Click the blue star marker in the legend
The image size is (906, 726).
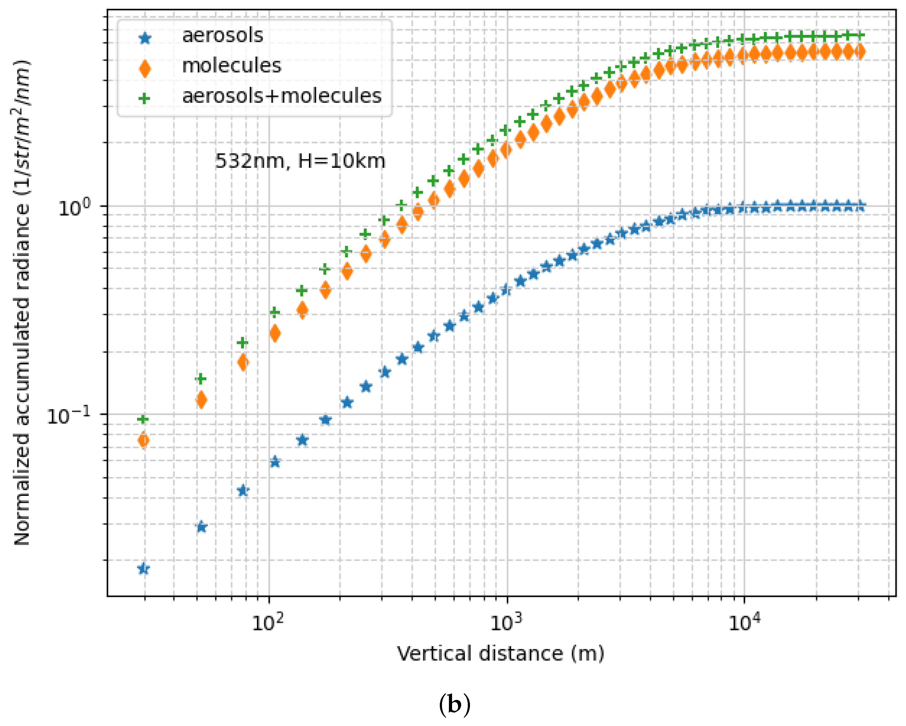[x=145, y=39]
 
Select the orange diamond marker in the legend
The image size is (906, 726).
[x=145, y=69]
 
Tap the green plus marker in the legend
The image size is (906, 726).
[x=145, y=99]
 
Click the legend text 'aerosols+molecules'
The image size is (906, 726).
[x=282, y=96]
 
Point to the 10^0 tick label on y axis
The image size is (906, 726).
[x=74, y=208]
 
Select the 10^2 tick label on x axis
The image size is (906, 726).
[x=268, y=623]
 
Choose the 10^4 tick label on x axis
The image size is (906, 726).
[x=744, y=623]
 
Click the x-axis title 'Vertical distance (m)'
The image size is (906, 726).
[x=500, y=654]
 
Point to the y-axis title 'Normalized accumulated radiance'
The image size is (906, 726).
[x=22, y=303]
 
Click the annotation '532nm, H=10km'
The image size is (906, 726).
[x=300, y=161]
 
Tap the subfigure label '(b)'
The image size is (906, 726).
[x=454, y=704]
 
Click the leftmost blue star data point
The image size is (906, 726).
[x=143, y=569]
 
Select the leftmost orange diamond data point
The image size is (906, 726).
[x=143, y=440]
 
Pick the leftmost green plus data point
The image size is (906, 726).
[x=143, y=419]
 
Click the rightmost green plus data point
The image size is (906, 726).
[x=860, y=35]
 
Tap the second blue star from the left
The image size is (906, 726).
[x=201, y=527]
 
